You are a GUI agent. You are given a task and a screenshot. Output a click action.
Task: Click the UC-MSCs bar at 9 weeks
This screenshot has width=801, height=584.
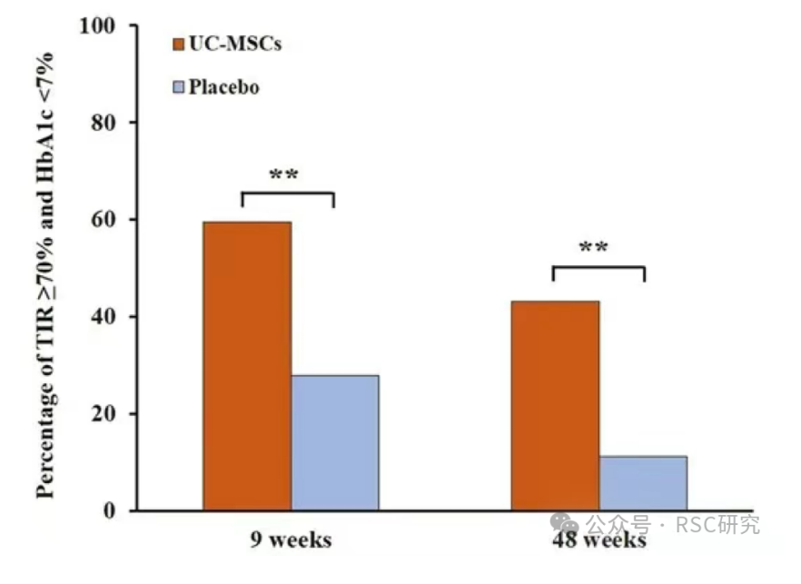pos(247,366)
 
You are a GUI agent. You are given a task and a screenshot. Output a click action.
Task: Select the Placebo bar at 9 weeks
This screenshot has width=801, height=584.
pos(335,442)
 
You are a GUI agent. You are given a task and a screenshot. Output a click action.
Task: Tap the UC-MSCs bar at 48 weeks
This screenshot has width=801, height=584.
pos(555,405)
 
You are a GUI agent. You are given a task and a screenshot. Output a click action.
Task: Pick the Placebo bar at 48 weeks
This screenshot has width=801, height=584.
pos(643,482)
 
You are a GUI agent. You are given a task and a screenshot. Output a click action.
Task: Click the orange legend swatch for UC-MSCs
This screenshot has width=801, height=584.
pos(178,44)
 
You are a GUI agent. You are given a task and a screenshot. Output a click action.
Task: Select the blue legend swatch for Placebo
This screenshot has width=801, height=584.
pos(178,87)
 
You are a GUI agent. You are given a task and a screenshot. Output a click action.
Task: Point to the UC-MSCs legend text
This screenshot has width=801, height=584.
pos(234,44)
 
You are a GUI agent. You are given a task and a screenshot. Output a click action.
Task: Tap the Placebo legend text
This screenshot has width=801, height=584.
pos(224,87)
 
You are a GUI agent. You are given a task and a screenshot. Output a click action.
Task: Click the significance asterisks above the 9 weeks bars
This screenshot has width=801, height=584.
pos(284,174)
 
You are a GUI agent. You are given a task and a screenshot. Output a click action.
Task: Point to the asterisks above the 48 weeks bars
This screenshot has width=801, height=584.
pos(594,247)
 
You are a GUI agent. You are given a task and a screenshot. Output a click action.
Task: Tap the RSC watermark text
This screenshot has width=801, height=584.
pos(672,524)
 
